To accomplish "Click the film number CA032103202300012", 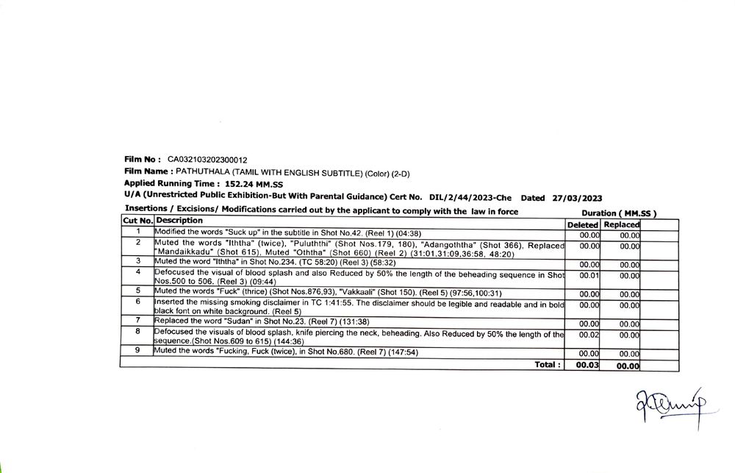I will (207, 159).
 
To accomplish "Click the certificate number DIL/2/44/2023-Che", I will (470, 198).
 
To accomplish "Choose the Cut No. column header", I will (137, 221).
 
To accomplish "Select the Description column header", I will (179, 221).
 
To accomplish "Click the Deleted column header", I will (583, 224).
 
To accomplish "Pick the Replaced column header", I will (621, 224).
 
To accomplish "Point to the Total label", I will (548, 364).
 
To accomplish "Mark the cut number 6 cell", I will (137, 302).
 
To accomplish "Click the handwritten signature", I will (668, 405).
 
